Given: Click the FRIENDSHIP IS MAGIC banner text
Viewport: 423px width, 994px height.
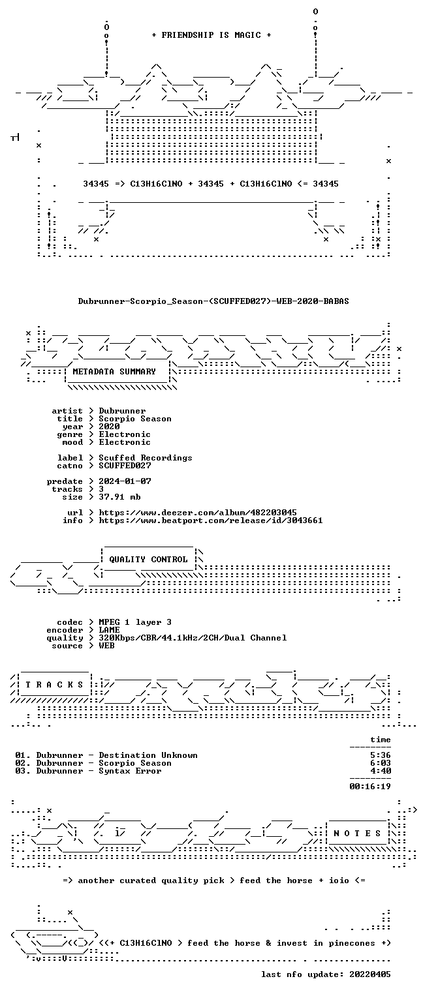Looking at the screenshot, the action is tap(211, 35).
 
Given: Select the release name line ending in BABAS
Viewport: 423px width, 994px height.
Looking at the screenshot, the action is tap(213, 301).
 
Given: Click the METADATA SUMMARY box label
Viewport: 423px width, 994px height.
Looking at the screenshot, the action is tap(114, 371).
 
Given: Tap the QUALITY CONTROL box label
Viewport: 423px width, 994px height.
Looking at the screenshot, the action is tap(148, 559).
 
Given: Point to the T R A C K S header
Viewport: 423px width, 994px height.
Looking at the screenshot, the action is tap(54, 684).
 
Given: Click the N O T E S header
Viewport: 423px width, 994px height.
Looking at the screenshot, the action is tap(357, 834).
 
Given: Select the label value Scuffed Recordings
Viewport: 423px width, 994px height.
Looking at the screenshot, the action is tap(146, 458).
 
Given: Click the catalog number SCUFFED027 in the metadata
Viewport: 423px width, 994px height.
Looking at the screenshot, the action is tap(125, 466).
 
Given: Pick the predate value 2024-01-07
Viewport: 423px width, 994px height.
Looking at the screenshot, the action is tap(125, 481).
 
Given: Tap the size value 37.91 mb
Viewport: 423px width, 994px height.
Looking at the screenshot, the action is tap(119, 497).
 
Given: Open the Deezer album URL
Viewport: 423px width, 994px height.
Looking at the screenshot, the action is tap(198, 513).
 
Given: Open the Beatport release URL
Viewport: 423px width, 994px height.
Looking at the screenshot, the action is tap(211, 520).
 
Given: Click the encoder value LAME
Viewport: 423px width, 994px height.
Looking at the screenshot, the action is tap(109, 630).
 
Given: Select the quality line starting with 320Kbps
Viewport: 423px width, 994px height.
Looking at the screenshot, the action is tap(193, 638).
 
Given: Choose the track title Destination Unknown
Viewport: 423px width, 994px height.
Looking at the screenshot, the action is tap(148, 755).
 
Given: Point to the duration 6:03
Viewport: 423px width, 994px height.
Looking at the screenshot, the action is tap(381, 763).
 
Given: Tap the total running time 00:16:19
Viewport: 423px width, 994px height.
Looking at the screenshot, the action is tap(370, 787).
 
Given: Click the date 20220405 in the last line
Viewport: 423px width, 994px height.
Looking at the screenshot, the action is tap(370, 974).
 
